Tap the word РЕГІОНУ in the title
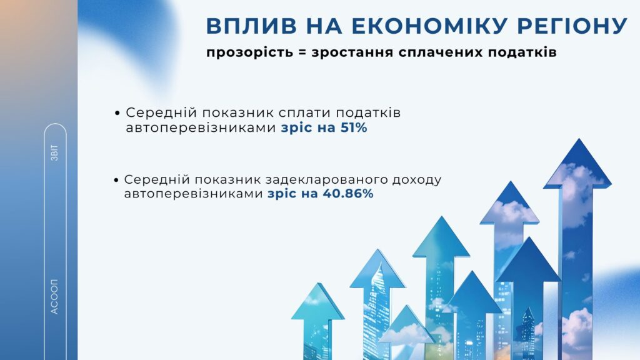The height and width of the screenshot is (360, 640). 572,26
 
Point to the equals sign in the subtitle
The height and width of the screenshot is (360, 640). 302,53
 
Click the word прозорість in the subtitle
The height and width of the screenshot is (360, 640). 249,53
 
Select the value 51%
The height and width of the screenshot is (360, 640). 354,127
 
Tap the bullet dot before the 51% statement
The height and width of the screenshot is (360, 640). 117,113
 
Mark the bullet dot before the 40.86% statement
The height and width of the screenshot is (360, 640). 116,180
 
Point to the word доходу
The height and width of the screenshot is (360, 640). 417,180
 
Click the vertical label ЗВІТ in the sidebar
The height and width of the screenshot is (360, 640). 55,152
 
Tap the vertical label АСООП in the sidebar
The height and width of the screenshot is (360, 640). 54,297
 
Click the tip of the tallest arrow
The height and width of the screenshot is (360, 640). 579,139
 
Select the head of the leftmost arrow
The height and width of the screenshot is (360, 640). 318,301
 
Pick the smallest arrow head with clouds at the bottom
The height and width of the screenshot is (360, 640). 406,324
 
